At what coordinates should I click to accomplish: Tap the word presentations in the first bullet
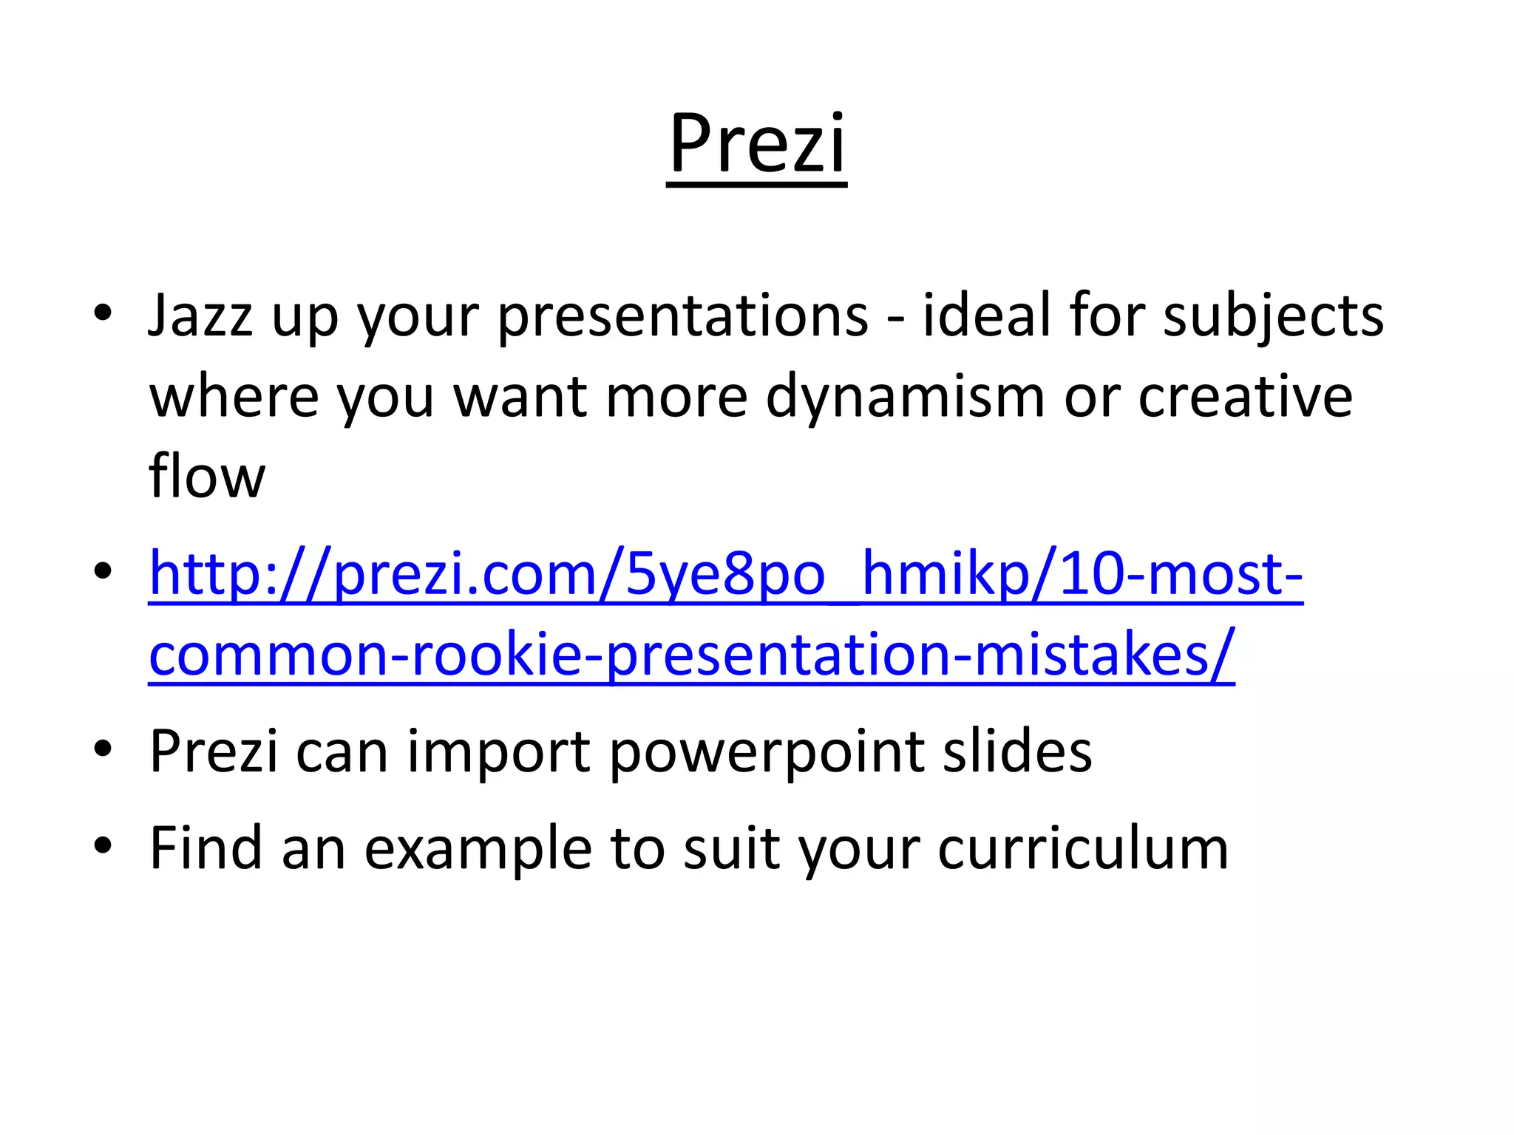682,316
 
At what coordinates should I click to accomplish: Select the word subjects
1273,316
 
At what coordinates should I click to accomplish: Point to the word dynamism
906,397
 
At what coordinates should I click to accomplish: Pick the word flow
206,476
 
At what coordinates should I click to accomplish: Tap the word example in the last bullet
478,848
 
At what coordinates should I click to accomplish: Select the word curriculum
1083,848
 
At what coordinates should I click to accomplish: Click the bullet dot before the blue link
103,570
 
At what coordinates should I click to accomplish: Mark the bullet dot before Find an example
103,844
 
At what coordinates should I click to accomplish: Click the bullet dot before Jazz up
103,312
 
